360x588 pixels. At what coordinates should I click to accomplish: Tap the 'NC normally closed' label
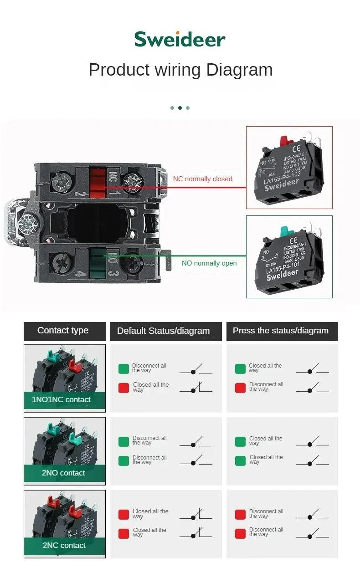pyautogui.click(x=202, y=179)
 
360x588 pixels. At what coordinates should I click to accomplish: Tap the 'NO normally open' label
pyautogui.click(x=209, y=263)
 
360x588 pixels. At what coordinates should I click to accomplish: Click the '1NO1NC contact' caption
pyautogui.click(x=61, y=400)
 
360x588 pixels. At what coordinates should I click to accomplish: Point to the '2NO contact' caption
pyautogui.click(x=63, y=473)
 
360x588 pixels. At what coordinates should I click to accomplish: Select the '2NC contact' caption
pyautogui.click(x=64, y=545)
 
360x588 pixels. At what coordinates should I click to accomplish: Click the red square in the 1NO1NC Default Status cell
pyautogui.click(x=123, y=388)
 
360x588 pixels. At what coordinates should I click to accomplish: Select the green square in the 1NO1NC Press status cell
pyautogui.click(x=240, y=369)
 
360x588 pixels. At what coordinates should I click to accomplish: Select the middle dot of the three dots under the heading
pyautogui.click(x=180, y=108)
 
